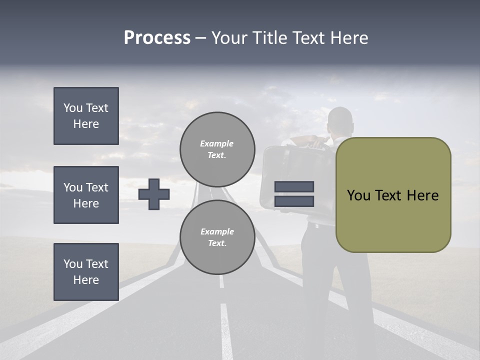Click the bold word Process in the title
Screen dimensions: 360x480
click(x=157, y=38)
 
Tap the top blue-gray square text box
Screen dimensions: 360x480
click(x=86, y=116)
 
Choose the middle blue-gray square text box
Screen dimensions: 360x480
click(x=86, y=195)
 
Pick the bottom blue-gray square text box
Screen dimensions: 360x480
click(x=86, y=272)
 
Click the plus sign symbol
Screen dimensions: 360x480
click(x=154, y=194)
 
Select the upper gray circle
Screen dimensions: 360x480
click(x=217, y=149)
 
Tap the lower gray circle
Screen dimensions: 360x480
click(x=217, y=237)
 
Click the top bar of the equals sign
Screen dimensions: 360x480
click(x=294, y=187)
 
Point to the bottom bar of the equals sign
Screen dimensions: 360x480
click(x=294, y=201)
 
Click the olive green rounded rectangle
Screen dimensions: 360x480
click(x=393, y=195)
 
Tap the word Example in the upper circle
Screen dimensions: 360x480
click(x=216, y=143)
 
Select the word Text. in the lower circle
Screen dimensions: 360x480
click(x=217, y=243)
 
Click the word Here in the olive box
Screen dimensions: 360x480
click(x=422, y=195)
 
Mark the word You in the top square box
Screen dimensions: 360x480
click(x=73, y=108)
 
